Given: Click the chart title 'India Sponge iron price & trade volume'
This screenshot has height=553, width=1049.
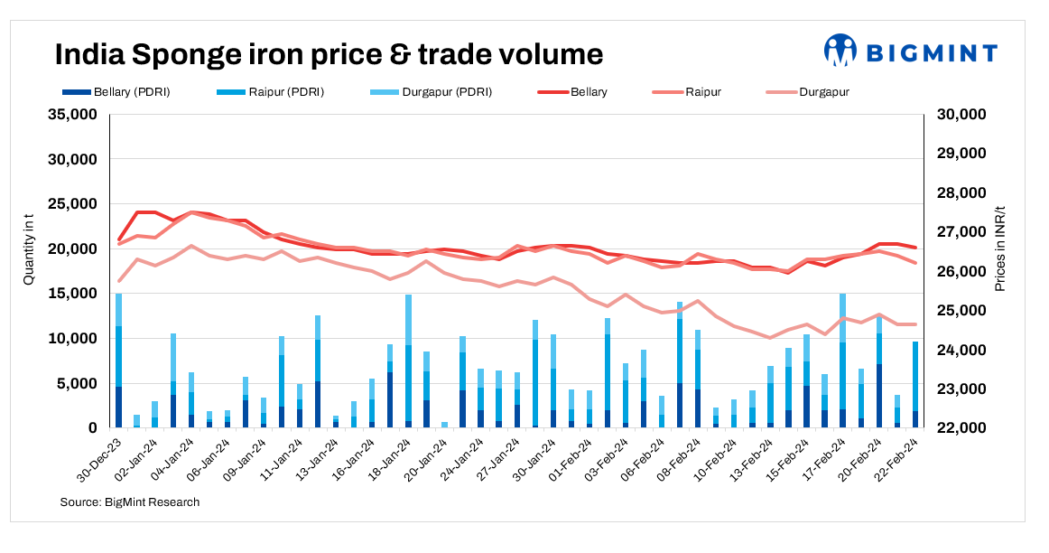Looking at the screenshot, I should pyautogui.click(x=329, y=54).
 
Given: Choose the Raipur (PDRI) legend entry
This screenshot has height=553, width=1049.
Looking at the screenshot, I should pyautogui.click(x=271, y=92).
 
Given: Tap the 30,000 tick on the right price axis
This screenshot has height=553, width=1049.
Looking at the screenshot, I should pyautogui.click(x=961, y=115).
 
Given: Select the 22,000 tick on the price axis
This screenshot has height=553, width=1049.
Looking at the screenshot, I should pyautogui.click(x=961, y=428).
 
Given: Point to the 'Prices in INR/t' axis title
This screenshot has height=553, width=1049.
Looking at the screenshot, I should pyautogui.click(x=999, y=248).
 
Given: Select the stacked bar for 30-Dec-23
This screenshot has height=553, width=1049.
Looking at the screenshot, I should pyautogui.click(x=118, y=361).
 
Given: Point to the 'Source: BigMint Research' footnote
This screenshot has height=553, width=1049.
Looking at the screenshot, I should pyautogui.click(x=130, y=502).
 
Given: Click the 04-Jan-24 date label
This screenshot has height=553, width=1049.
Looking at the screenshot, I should pyautogui.click(x=173, y=460).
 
